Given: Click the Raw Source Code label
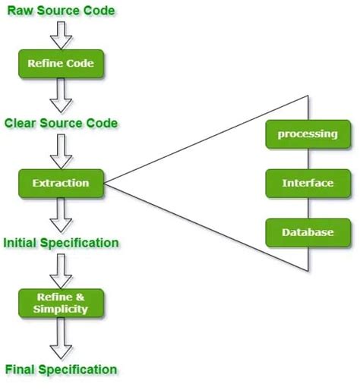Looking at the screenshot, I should [x=61, y=11].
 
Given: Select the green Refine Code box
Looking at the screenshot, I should [x=61, y=64].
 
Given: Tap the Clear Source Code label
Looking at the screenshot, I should [x=61, y=124].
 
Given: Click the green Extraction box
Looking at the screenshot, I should [x=61, y=183].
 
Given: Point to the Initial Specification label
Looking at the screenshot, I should [x=61, y=244].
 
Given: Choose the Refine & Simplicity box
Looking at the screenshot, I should [x=61, y=303].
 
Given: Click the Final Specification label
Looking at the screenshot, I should [x=61, y=370].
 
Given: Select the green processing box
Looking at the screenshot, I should [x=308, y=134].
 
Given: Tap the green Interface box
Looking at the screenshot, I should [x=308, y=183].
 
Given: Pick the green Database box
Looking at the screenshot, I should [x=308, y=232].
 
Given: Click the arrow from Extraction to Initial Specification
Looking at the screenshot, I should [x=61, y=215].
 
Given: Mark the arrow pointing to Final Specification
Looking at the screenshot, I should [x=61, y=339].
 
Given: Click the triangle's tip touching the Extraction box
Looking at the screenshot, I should [x=106, y=183].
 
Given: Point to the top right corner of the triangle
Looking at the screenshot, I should [x=308, y=96].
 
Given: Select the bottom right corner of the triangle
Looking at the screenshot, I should [x=308, y=271].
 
